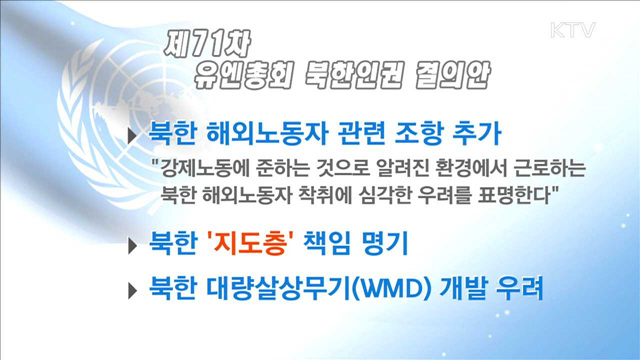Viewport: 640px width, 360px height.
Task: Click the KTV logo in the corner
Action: coord(572,30)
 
